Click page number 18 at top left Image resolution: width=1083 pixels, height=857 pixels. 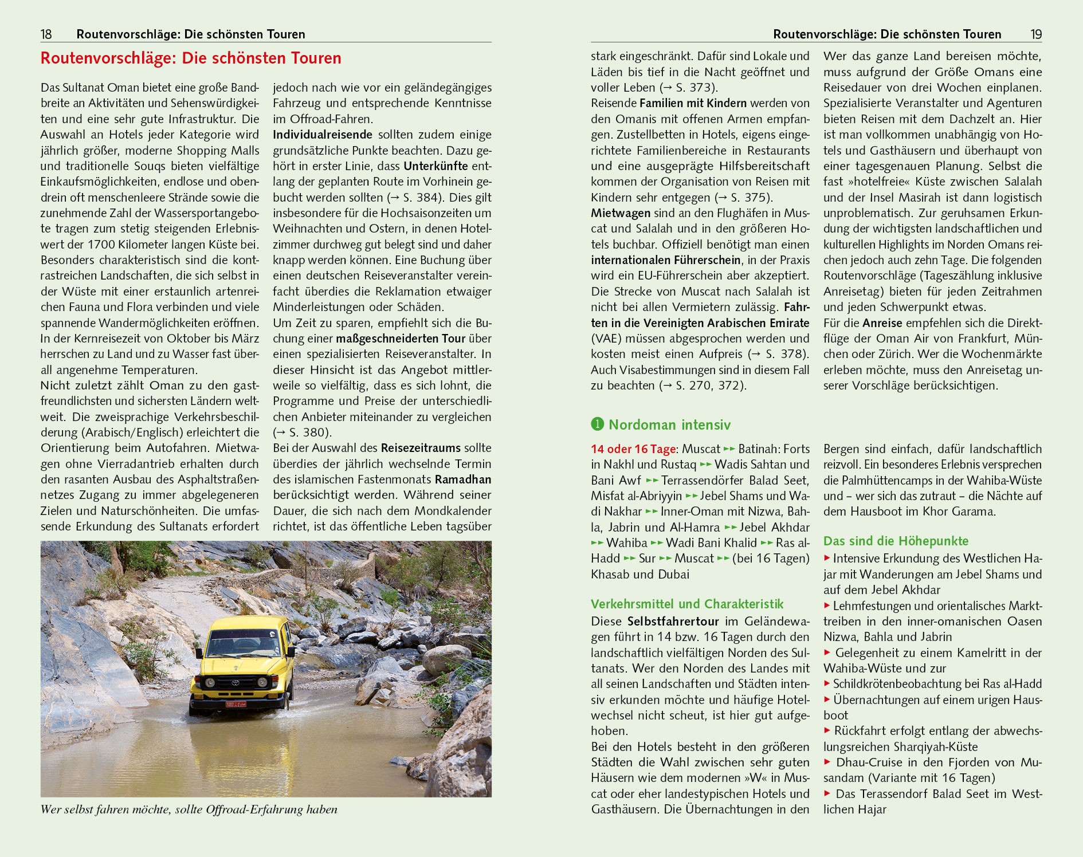point(46,34)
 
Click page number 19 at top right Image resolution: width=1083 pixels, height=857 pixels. point(1035,34)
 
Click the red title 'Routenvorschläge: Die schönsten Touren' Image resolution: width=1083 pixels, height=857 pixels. point(191,58)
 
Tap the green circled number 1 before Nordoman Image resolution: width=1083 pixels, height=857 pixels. point(597,424)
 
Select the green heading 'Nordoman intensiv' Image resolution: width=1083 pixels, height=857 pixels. point(669,424)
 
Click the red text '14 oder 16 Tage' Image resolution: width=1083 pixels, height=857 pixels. point(634,449)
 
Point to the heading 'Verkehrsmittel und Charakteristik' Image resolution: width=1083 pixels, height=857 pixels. point(687,604)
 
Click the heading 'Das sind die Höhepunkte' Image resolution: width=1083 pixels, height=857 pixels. point(896,541)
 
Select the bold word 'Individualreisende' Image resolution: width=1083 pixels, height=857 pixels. point(323,135)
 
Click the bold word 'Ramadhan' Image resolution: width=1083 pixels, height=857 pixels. point(463,479)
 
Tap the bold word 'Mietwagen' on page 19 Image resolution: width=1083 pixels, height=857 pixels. point(621,213)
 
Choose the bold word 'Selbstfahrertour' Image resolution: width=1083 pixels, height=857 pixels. point(673,622)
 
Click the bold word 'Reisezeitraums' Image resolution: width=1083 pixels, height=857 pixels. point(421,448)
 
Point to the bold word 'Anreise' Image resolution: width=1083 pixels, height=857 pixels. point(882,323)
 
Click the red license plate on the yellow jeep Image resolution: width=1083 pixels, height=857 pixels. point(236,703)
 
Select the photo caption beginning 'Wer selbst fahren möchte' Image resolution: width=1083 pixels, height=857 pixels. point(189,809)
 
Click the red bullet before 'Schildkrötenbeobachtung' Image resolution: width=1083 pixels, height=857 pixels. point(827,683)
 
